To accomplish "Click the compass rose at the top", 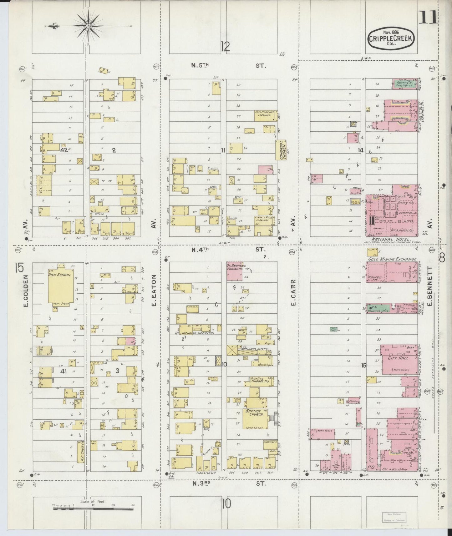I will click(88, 26).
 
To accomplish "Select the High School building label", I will click(60, 275).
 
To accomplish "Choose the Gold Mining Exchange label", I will click(392, 259).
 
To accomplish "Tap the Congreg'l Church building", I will click(281, 150).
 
